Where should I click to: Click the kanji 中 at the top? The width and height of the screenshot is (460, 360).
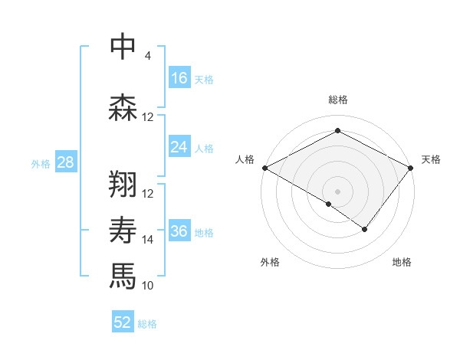(x=123, y=47)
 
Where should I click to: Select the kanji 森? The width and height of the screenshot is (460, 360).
(x=123, y=106)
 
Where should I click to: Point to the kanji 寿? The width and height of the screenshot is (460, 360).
(x=123, y=231)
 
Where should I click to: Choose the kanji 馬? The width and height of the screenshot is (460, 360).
(x=123, y=275)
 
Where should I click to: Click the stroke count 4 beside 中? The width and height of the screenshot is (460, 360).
(x=148, y=56)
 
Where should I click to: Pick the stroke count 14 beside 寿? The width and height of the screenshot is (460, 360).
(x=148, y=240)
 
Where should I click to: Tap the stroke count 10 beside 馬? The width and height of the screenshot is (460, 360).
(x=148, y=286)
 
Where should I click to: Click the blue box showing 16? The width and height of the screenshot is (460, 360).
(x=179, y=78)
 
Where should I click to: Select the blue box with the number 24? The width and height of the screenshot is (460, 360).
(x=179, y=147)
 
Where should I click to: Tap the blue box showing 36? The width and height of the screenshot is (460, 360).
(x=179, y=231)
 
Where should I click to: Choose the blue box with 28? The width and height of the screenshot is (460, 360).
(x=65, y=162)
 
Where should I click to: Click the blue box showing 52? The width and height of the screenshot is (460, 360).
(x=123, y=322)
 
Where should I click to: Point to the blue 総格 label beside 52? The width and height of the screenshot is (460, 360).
(x=147, y=324)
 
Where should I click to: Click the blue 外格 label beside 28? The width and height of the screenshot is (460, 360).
(x=41, y=163)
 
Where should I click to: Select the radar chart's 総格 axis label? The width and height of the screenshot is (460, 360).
(x=337, y=100)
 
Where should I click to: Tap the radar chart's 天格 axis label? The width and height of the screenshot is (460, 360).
(x=431, y=159)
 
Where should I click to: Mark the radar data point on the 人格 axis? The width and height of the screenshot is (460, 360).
(x=264, y=167)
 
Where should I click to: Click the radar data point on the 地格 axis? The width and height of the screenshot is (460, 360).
(x=365, y=229)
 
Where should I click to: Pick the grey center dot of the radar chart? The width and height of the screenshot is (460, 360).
(x=337, y=190)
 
